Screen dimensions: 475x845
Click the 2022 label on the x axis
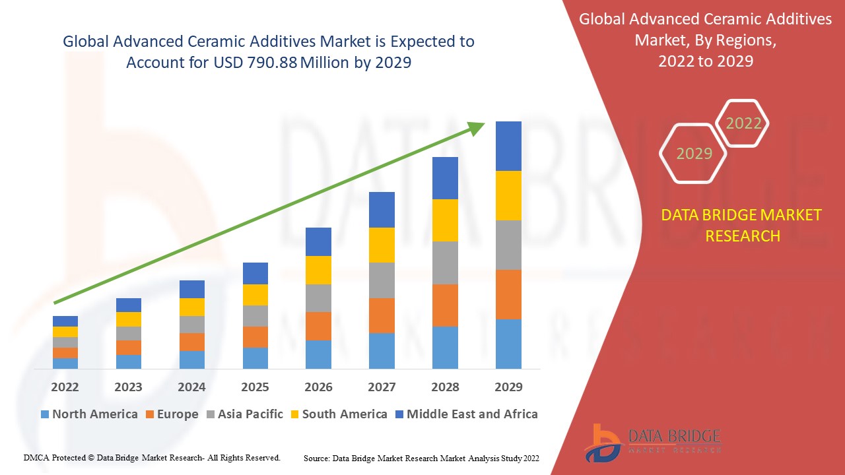(x=65, y=387)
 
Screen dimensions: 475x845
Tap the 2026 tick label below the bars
(x=318, y=387)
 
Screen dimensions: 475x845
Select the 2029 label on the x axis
(x=508, y=387)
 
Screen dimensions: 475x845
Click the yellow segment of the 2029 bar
(x=508, y=195)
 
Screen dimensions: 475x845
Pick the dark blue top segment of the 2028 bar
(x=445, y=178)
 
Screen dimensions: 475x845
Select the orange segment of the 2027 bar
(x=382, y=315)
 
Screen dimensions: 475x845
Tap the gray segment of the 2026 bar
(x=318, y=298)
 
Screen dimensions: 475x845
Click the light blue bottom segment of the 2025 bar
(x=255, y=358)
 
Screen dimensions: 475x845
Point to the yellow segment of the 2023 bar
(x=128, y=319)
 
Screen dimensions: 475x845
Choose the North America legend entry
(x=88, y=414)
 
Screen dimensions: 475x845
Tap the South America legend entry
(x=338, y=414)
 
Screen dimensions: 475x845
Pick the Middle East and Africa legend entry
(x=465, y=414)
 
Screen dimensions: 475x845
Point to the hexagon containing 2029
(x=693, y=153)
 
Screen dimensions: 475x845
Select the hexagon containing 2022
(x=743, y=123)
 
